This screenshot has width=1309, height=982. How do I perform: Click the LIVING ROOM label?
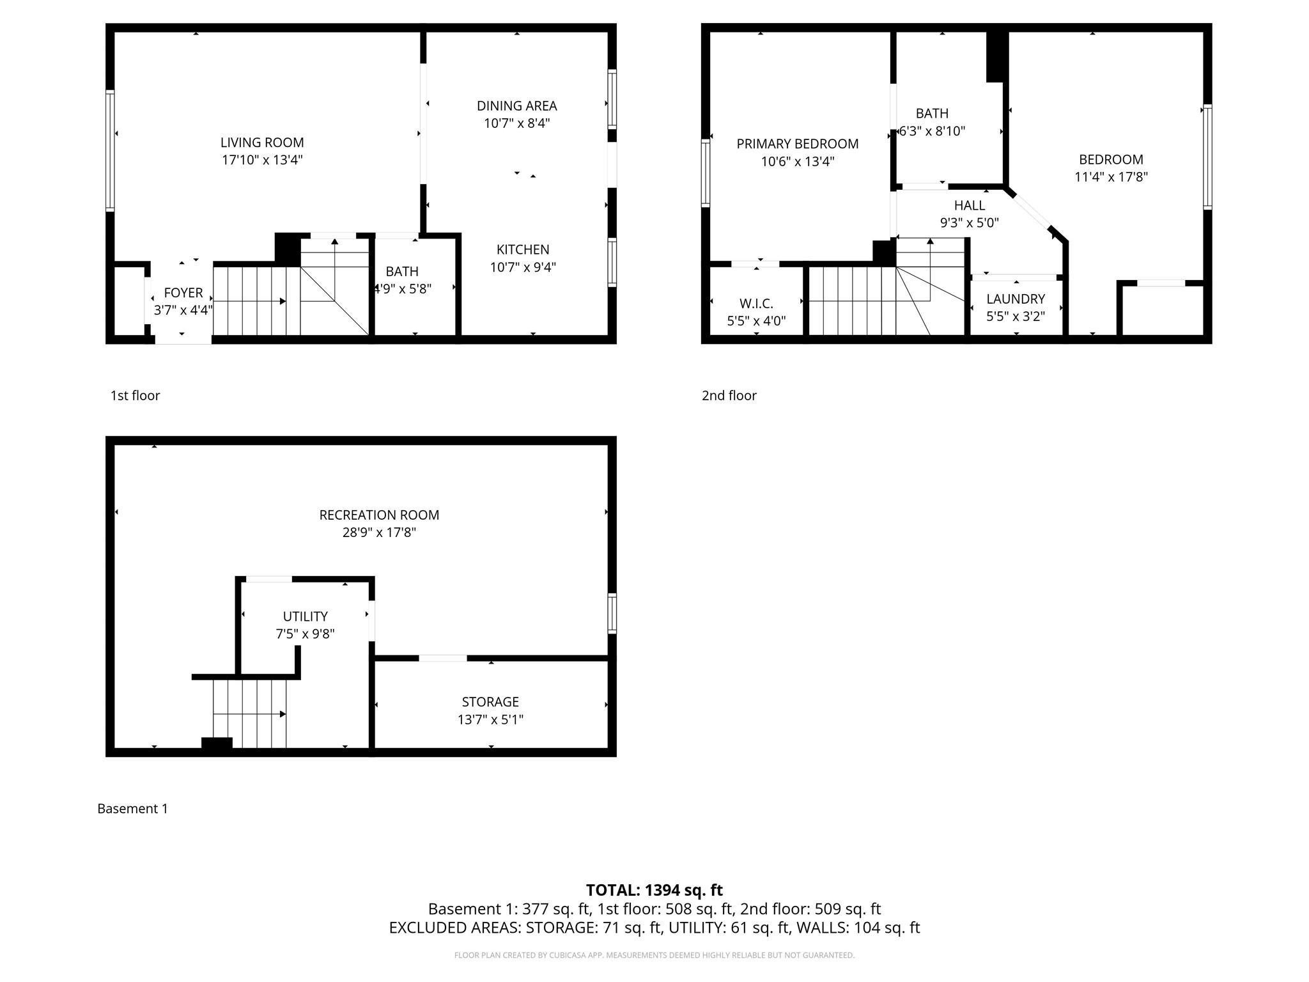[262, 143]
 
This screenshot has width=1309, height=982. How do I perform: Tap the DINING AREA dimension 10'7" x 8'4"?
[516, 123]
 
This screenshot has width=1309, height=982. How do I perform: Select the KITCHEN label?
[523, 249]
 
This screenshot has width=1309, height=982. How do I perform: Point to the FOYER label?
[183, 293]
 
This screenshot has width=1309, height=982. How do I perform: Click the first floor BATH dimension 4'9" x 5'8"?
[403, 289]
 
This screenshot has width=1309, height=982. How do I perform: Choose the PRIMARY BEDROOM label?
[797, 144]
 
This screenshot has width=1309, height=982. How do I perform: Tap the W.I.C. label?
[756, 304]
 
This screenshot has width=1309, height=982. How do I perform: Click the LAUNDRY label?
[1016, 299]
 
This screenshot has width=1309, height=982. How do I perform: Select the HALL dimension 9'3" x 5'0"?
[969, 223]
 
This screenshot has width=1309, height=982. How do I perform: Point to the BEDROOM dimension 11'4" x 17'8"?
[1111, 177]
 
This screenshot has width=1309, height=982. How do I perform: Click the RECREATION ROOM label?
[379, 515]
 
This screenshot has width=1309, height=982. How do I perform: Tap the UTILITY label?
[305, 616]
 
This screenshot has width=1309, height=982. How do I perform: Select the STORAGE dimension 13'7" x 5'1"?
[490, 719]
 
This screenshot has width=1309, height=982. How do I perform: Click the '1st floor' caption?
[135, 395]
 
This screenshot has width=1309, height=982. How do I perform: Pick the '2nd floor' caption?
[729, 395]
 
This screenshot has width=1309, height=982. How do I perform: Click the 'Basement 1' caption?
[132, 808]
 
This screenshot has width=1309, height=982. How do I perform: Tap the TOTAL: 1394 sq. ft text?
[654, 890]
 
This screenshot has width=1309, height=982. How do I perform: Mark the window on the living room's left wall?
[110, 150]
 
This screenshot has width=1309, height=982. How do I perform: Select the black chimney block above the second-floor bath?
[996, 56]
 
